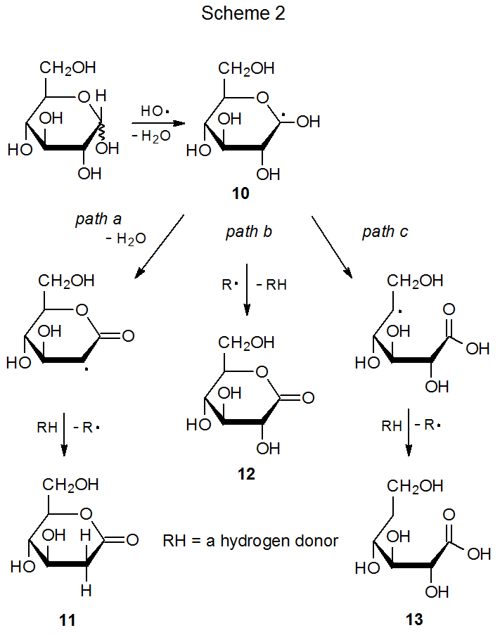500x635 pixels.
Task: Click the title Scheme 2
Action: click(243, 14)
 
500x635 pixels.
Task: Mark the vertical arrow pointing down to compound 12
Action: click(248, 289)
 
